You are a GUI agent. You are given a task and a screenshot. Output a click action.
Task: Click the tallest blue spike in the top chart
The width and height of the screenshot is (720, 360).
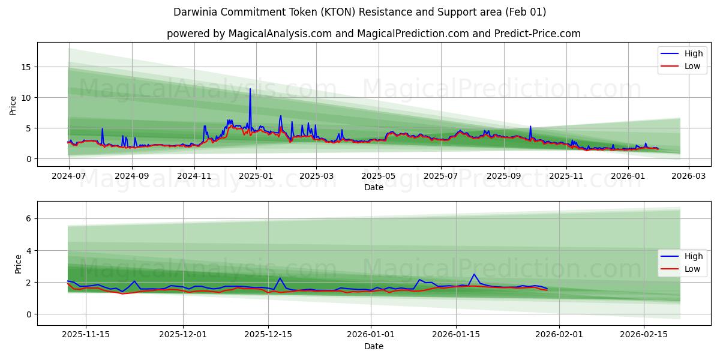tap(250, 89)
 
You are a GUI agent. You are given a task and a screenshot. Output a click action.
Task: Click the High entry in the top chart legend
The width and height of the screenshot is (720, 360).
tap(693, 53)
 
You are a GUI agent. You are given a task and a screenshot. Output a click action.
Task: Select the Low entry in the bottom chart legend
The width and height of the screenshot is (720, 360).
tap(693, 269)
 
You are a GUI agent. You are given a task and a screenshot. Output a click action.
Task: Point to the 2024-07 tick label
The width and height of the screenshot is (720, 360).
tap(69, 176)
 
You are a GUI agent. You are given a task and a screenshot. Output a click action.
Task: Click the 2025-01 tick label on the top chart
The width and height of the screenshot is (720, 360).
tap(256, 176)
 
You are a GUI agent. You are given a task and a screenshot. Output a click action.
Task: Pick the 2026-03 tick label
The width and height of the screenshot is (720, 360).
tap(688, 176)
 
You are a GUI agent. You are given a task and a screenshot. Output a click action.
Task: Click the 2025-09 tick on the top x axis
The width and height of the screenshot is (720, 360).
tap(503, 176)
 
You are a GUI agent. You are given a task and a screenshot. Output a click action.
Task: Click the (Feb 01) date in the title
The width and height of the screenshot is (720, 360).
tap(525, 12)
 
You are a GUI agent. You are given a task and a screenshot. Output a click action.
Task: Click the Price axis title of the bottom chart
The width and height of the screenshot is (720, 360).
tap(18, 263)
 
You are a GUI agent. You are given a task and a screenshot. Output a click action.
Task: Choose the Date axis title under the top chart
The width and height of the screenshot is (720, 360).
tap(373, 187)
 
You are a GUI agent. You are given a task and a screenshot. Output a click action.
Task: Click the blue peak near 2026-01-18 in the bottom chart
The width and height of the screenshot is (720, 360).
tap(474, 274)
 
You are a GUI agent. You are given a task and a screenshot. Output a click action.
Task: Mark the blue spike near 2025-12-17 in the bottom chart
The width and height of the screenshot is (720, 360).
tap(280, 278)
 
